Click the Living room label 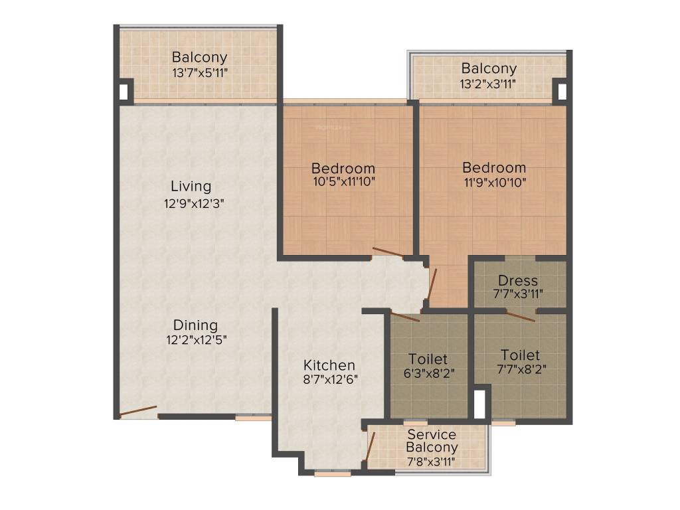pyautogui.click(x=191, y=186)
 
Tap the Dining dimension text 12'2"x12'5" pyautogui.click(x=195, y=340)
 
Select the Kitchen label pyautogui.click(x=329, y=365)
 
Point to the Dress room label pyautogui.click(x=518, y=280)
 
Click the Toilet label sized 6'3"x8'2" pyautogui.click(x=428, y=359)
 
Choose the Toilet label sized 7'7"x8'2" pyautogui.click(x=520, y=355)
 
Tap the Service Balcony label pyautogui.click(x=432, y=442)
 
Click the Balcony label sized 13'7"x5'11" pyautogui.click(x=199, y=58)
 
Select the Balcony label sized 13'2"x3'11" pyautogui.click(x=489, y=68)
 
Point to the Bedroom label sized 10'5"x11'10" pyautogui.click(x=343, y=168)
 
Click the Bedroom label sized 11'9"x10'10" pyautogui.click(x=494, y=167)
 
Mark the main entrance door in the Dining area pyautogui.click(x=138, y=412)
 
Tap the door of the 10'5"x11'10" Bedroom pyautogui.click(x=388, y=252)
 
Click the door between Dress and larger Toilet pyautogui.click(x=521, y=315)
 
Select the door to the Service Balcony pyautogui.click(x=370, y=446)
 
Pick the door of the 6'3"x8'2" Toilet pyautogui.click(x=405, y=316)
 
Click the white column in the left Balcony pyautogui.click(x=124, y=90)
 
